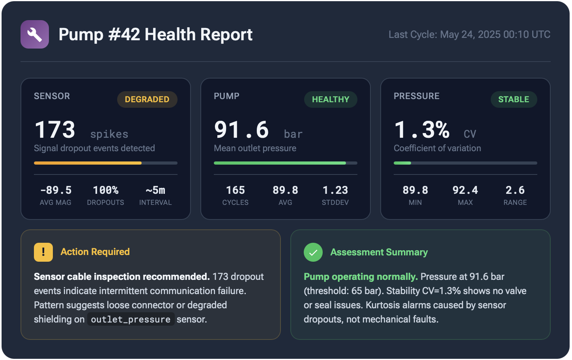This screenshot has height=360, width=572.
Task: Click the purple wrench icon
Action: coord(35,34)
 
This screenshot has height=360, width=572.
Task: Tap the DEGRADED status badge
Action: coord(147,99)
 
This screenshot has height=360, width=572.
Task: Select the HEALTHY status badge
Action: coord(331,99)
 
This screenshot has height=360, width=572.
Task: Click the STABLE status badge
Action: coord(514,99)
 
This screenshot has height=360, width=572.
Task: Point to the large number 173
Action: coord(55,130)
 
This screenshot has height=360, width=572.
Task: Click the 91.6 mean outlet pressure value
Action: coord(241,130)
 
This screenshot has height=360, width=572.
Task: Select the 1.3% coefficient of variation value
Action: coord(422,130)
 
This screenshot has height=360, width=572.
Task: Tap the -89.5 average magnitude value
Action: coord(56,190)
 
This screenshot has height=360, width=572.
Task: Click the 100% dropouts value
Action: coord(105,190)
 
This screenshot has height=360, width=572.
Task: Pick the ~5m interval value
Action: coord(155,190)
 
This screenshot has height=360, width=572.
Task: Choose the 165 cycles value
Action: coord(236,190)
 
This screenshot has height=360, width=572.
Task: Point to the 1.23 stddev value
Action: coord(335,190)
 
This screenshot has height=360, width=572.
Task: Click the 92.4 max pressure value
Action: coord(465,190)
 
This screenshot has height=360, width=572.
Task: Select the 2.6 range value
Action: coord(515,190)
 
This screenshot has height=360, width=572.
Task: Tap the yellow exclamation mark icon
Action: coord(43,252)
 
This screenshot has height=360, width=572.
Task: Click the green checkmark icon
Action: coord(313,252)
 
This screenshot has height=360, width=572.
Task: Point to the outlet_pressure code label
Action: coord(131,319)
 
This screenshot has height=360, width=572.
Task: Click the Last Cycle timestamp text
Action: coord(469,35)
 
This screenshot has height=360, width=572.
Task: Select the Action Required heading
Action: coord(95,252)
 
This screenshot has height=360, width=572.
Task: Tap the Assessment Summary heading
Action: coord(379,252)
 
